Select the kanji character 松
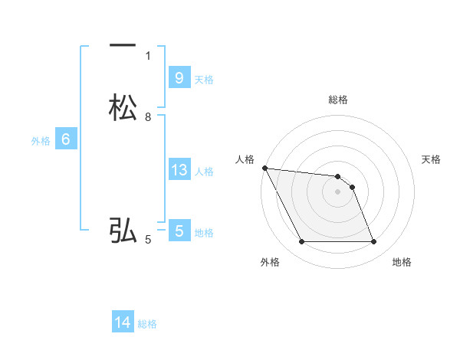point(123,108)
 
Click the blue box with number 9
point(179,77)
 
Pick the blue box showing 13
point(179,170)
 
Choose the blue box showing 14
point(123,322)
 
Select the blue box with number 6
point(65,139)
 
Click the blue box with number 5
point(179,231)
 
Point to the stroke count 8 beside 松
point(148,116)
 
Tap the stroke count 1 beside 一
point(148,55)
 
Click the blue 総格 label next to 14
point(147,324)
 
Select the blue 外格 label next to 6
point(41,141)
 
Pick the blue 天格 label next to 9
point(204,80)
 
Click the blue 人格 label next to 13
point(205,172)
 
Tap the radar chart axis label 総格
point(338,100)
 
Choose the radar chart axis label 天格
point(432,159)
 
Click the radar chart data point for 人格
point(264,168)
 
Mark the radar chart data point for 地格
point(374,242)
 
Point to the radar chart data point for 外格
point(301,242)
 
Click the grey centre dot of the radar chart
point(338,192)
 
